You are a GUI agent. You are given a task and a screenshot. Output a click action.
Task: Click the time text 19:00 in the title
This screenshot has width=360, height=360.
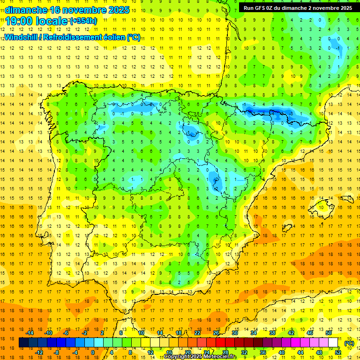(20, 21)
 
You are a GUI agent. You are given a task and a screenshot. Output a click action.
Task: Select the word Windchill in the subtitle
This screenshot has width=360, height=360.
(23, 37)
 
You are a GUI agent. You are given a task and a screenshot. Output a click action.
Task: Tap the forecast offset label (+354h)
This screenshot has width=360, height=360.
(83, 21)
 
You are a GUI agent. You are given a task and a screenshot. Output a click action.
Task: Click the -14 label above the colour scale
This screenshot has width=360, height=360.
(30, 333)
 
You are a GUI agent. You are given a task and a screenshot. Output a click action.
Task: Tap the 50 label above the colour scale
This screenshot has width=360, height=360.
(329, 333)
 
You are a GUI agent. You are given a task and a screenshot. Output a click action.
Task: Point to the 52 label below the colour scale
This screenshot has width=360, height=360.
(338, 352)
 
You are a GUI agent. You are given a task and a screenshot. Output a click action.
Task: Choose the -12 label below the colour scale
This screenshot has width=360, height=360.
(39, 352)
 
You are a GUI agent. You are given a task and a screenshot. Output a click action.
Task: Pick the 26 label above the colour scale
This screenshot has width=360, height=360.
(216, 333)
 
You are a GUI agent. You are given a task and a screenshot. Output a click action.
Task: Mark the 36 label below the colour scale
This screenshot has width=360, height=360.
(263, 352)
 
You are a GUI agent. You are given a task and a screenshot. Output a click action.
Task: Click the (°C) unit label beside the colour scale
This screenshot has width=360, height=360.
(349, 343)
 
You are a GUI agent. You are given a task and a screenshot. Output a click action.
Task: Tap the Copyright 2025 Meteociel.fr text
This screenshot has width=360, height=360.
(200, 357)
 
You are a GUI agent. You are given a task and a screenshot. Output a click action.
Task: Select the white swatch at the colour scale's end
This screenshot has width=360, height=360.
(333, 343)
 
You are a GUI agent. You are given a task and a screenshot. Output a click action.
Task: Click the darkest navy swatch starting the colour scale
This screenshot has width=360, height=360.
(23, 343)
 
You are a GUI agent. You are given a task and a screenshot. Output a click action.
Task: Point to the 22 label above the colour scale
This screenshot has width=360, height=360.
(197, 333)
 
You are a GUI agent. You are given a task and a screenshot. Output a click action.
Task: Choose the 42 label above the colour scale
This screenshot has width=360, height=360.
(291, 333)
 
